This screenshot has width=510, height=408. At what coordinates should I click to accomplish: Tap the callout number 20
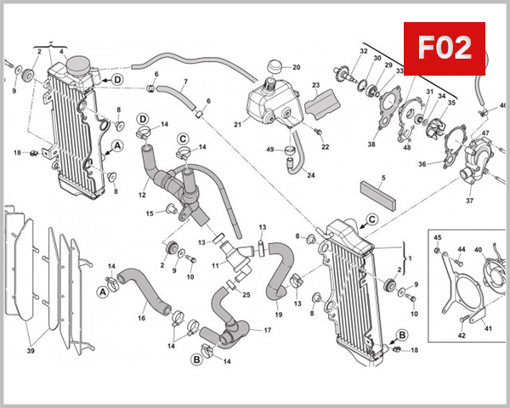click(x=297, y=67)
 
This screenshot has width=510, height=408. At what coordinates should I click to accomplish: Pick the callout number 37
click(x=468, y=202)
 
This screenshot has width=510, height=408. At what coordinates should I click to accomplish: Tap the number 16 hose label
click(x=141, y=319)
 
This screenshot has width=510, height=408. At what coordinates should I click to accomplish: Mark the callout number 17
click(x=267, y=330)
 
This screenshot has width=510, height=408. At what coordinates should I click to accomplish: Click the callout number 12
click(x=143, y=195)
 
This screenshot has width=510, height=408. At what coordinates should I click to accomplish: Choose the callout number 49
click(x=269, y=150)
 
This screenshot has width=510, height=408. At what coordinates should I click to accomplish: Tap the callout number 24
click(x=310, y=175)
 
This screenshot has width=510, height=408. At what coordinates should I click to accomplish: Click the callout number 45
click(x=438, y=237)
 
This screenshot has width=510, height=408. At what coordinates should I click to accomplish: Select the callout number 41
click(x=488, y=328)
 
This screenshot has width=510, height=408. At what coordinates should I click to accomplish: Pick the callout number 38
click(x=371, y=144)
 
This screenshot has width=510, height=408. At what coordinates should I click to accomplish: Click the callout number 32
click(x=363, y=52)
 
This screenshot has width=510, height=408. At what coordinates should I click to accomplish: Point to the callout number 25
click(x=246, y=295)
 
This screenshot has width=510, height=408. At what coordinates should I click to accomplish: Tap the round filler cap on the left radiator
click(x=78, y=65)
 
